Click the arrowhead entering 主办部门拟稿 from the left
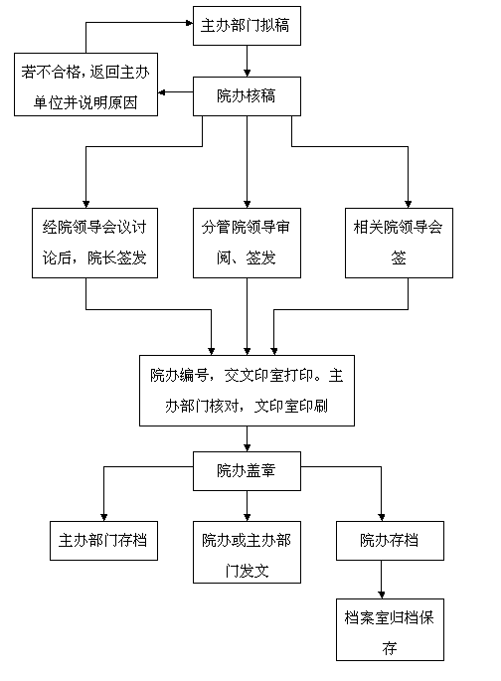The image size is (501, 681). (x=189, y=23)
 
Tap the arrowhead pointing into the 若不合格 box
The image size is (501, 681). (x=161, y=92)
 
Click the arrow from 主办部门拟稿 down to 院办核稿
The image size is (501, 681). (x=248, y=62)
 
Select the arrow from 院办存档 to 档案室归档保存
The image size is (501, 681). (x=381, y=580)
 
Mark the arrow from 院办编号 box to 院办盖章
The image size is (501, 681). (x=248, y=439)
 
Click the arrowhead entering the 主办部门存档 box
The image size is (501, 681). (x=103, y=518)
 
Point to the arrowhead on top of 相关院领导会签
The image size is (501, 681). (x=409, y=205)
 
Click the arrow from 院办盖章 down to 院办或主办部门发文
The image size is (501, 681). (x=248, y=506)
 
